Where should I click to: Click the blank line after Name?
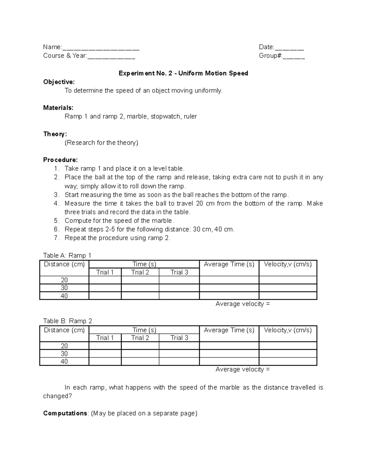pos(101,48)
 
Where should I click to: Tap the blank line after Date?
pos(289,48)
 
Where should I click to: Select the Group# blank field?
pos(294,56)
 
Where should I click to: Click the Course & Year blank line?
pos(111,56)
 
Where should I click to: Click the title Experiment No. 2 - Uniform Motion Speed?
pos(183,73)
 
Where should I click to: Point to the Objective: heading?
pos(59,82)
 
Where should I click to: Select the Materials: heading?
pos(58,108)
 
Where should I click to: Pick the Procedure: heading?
pos(60,160)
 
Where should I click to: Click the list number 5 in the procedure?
pos(56,221)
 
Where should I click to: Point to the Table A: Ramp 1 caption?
pos(67,255)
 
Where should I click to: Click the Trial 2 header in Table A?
pos(140,272)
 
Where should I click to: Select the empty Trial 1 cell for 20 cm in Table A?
pos(105,280)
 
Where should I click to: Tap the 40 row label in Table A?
pos(64,296)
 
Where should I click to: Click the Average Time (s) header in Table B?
pos(229,330)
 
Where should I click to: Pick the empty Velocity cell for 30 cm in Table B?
pos(288,354)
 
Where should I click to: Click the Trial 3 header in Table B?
pos(179,338)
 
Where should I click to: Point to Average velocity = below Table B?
pos(243,369)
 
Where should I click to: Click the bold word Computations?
pos(65,413)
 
